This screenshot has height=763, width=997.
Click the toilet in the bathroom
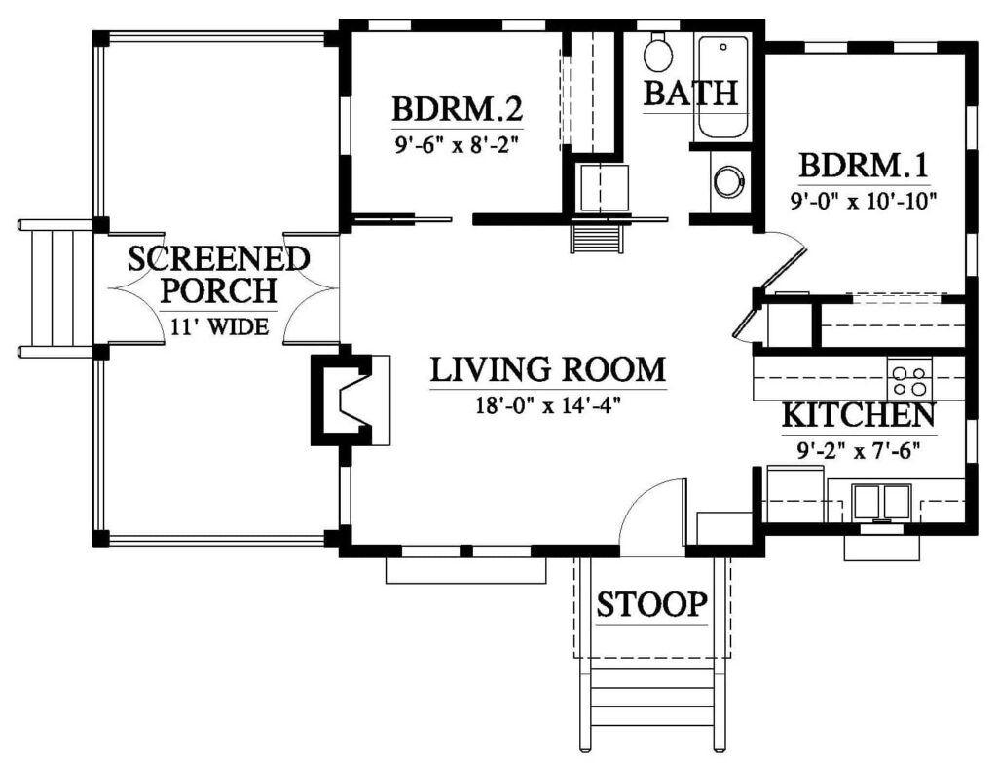pos(657,53)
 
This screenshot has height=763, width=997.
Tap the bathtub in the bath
pos(722,88)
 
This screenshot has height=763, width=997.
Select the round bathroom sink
pos(727,182)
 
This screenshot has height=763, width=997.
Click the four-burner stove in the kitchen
pos(909,379)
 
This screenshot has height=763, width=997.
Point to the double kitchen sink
pos(881,502)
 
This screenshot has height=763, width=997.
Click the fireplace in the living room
pos(350,400)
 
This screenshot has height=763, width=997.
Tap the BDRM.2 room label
pos(457,109)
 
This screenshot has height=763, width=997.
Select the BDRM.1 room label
pos(864,166)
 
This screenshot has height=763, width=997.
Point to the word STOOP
pos(651,604)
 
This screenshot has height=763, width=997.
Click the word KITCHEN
pos(859,415)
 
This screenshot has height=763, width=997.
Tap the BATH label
pos(691,93)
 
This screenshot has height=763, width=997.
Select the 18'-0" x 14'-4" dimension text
pos(548,404)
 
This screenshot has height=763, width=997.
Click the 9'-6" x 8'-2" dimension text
pos(457,146)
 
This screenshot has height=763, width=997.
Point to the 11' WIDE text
pos(219,327)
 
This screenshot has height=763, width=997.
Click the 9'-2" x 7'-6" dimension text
pos(859,451)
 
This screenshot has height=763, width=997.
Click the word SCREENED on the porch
pos(219,259)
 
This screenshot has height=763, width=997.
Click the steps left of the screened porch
pos(55,288)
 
